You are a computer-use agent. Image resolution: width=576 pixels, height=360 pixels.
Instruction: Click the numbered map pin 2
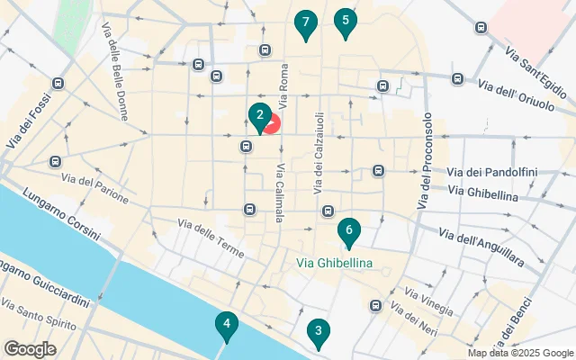259,116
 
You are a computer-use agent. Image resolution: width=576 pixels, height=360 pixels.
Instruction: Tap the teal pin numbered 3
317,332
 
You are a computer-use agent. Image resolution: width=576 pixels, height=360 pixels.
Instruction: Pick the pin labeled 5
344,22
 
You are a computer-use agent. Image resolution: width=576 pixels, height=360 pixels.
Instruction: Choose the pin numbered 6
348,231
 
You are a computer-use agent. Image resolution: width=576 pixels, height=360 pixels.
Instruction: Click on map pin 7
306,22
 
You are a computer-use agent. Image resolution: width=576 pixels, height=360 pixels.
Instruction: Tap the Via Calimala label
281,189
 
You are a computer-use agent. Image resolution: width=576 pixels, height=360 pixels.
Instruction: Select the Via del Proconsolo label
425,162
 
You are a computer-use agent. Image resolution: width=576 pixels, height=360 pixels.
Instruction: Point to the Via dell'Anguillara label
481,246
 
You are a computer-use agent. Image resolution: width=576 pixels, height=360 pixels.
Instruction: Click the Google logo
30,349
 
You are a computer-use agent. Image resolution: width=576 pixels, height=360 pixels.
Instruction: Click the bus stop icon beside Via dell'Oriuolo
456,79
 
